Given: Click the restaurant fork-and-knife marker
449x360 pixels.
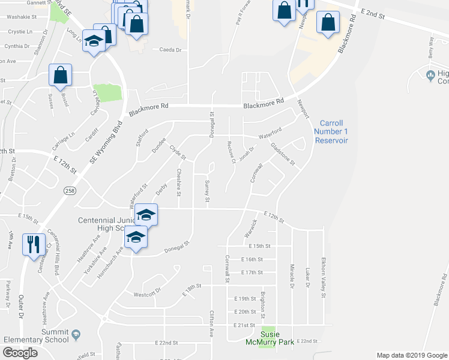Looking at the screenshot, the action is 32,244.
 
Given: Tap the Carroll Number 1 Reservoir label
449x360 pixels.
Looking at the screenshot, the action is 330,131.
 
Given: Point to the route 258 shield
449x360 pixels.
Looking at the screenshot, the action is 70,190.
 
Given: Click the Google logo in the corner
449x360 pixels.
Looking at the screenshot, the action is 20,353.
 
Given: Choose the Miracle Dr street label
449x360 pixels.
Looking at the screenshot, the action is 292,277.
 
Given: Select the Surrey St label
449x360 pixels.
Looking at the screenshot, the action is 208,190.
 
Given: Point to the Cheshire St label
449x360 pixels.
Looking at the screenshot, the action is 179,182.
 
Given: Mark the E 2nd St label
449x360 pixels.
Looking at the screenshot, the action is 373,13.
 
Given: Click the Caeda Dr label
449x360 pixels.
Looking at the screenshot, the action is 170,50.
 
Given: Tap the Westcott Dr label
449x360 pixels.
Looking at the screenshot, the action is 147,294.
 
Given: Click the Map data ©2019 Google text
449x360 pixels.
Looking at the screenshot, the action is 411,355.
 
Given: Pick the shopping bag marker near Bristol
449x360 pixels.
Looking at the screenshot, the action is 61,76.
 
